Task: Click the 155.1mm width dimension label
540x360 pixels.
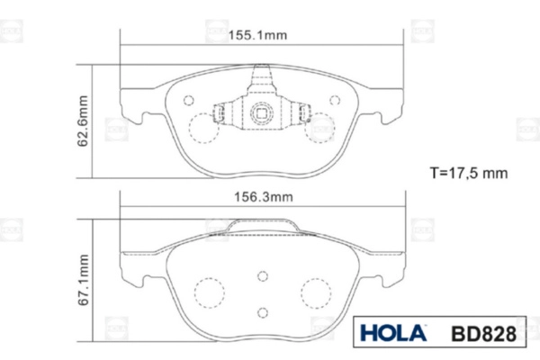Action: coord(257,35)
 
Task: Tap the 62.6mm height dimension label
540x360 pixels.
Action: coord(83,121)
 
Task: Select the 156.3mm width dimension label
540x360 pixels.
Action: coord(264,197)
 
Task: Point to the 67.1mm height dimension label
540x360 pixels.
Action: coord(83,280)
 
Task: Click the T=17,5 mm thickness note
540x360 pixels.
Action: coord(469,173)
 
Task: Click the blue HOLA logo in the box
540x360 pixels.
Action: coord(393,333)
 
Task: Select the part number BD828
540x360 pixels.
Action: coord(483,334)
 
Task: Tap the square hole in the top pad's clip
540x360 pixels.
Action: coord(261,113)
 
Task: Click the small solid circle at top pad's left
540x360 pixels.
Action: coord(189,100)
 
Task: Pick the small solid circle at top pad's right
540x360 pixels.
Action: coord(335,100)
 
